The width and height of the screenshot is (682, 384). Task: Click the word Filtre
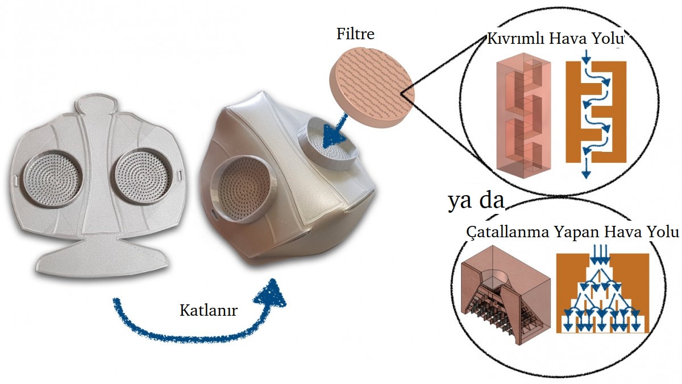point(355,34)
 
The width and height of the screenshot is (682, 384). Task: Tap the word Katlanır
point(209,311)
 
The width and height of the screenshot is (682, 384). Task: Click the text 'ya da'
point(476,200)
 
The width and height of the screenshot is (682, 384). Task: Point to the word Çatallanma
point(508,232)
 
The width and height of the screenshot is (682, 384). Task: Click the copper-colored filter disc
point(372,87)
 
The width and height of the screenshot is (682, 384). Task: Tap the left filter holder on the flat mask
point(52,179)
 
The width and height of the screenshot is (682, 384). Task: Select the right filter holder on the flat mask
point(143,177)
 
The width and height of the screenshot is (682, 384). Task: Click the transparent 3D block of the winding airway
point(523,116)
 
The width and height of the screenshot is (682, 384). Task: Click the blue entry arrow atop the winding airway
point(587,57)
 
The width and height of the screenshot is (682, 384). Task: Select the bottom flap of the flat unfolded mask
point(102,259)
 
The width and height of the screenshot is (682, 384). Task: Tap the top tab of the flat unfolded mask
point(95,104)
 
